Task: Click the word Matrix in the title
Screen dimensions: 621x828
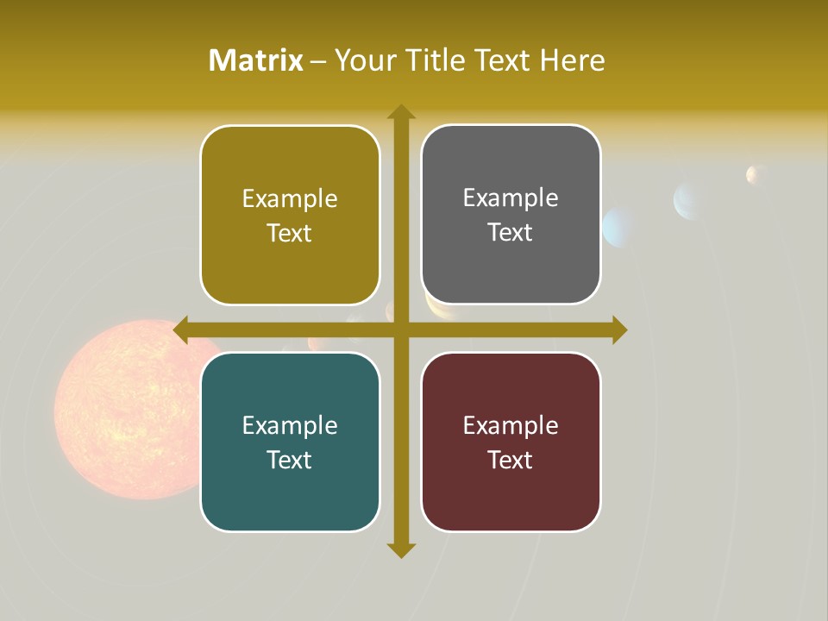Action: click(x=256, y=60)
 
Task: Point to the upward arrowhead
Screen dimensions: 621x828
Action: click(x=400, y=112)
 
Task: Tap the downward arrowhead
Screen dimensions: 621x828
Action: click(x=400, y=549)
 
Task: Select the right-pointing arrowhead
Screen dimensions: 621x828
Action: click(x=618, y=330)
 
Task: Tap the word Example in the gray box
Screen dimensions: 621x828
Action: click(x=511, y=198)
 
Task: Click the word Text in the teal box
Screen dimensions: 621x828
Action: click(x=289, y=460)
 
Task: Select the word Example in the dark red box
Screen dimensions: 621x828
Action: click(x=511, y=425)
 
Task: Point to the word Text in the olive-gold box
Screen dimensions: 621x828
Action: click(x=289, y=234)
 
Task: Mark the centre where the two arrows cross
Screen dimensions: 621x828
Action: click(x=400, y=330)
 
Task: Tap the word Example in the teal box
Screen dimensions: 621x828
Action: click(x=290, y=425)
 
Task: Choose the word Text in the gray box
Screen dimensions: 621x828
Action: click(x=510, y=233)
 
